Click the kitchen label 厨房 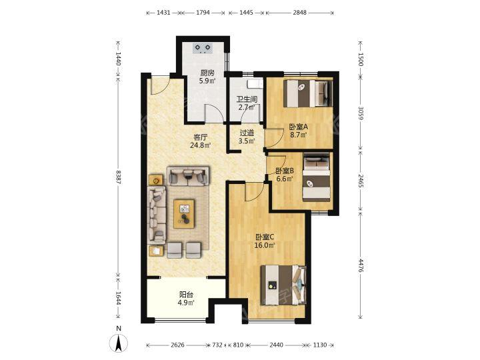click(x=207, y=73)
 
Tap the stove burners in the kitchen click(x=203, y=48)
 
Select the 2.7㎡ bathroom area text click(x=247, y=107)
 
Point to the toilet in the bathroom click(x=255, y=83)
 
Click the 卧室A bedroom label click(x=298, y=127)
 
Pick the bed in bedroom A click(x=308, y=93)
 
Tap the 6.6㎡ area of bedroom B click(x=285, y=179)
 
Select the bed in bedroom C click(x=283, y=285)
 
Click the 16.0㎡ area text click(x=265, y=245)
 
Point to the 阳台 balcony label click(x=186, y=295)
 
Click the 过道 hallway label click(x=247, y=133)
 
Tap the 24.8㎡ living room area click(x=200, y=145)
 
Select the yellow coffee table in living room click(x=184, y=214)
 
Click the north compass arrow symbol click(x=119, y=343)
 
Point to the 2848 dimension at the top click(x=299, y=13)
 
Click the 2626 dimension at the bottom click(x=177, y=345)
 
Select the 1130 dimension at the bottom click(x=319, y=345)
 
